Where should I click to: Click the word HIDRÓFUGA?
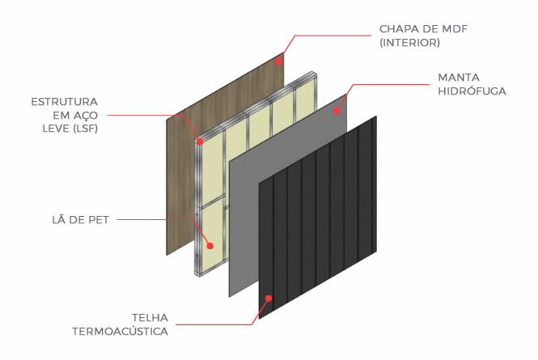click(x=472, y=91)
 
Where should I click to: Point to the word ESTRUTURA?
click(x=64, y=102)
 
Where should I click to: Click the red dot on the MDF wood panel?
click(x=277, y=60)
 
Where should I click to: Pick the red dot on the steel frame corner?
click(x=200, y=141)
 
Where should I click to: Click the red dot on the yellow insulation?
click(x=210, y=245)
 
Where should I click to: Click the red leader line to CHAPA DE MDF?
click(x=332, y=36)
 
